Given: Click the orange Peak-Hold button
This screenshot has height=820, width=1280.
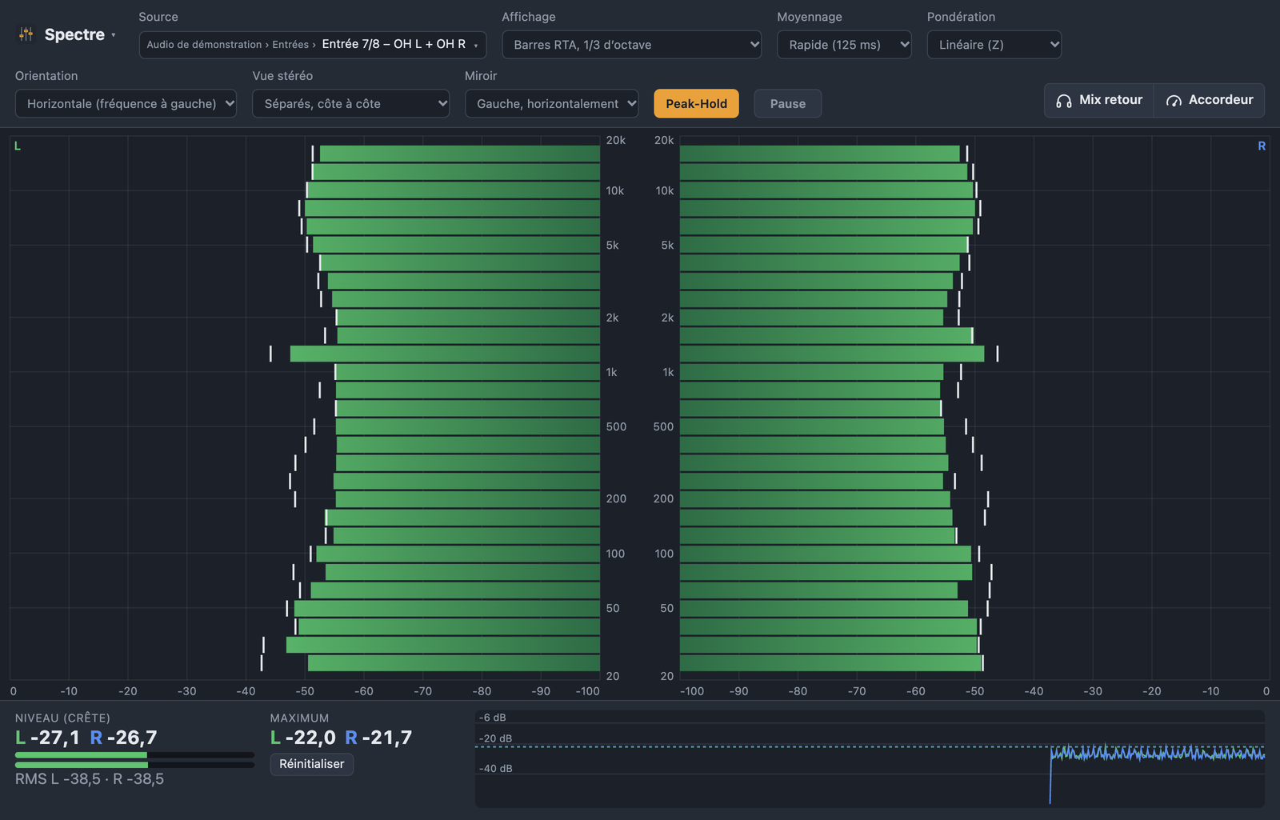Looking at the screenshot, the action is point(696,103).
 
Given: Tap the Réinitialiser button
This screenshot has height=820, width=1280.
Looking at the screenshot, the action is point(311,764).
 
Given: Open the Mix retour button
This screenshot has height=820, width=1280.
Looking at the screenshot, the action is point(1099,100).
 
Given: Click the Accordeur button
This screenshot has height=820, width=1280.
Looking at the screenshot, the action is point(1209,100).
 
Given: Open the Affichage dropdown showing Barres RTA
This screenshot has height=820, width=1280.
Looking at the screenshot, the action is point(631,45).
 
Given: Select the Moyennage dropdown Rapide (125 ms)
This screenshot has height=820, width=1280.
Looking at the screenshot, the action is point(844,45).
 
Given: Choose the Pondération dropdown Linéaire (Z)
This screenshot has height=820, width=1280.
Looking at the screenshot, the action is point(994,45).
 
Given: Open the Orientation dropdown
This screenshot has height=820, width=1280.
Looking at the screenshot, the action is point(126,103).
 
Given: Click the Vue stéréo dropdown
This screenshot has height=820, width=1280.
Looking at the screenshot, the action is point(351,103).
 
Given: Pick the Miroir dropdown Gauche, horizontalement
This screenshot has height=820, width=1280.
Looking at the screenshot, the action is point(551,103).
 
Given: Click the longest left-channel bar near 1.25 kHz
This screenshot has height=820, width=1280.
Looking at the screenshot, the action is point(445,354).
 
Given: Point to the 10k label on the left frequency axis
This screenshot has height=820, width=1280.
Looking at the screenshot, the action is point(615,191).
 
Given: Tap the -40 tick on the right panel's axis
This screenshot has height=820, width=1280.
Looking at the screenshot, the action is point(1034,691).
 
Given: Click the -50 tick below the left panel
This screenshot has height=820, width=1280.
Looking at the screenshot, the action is point(305,691).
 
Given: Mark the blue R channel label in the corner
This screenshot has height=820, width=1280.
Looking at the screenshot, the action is point(1262,146).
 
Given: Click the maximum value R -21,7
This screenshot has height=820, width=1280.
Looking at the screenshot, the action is point(378,738).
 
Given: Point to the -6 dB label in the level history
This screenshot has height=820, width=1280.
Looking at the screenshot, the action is point(492,718).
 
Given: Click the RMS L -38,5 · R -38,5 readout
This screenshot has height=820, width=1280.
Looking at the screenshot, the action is point(89,779).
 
